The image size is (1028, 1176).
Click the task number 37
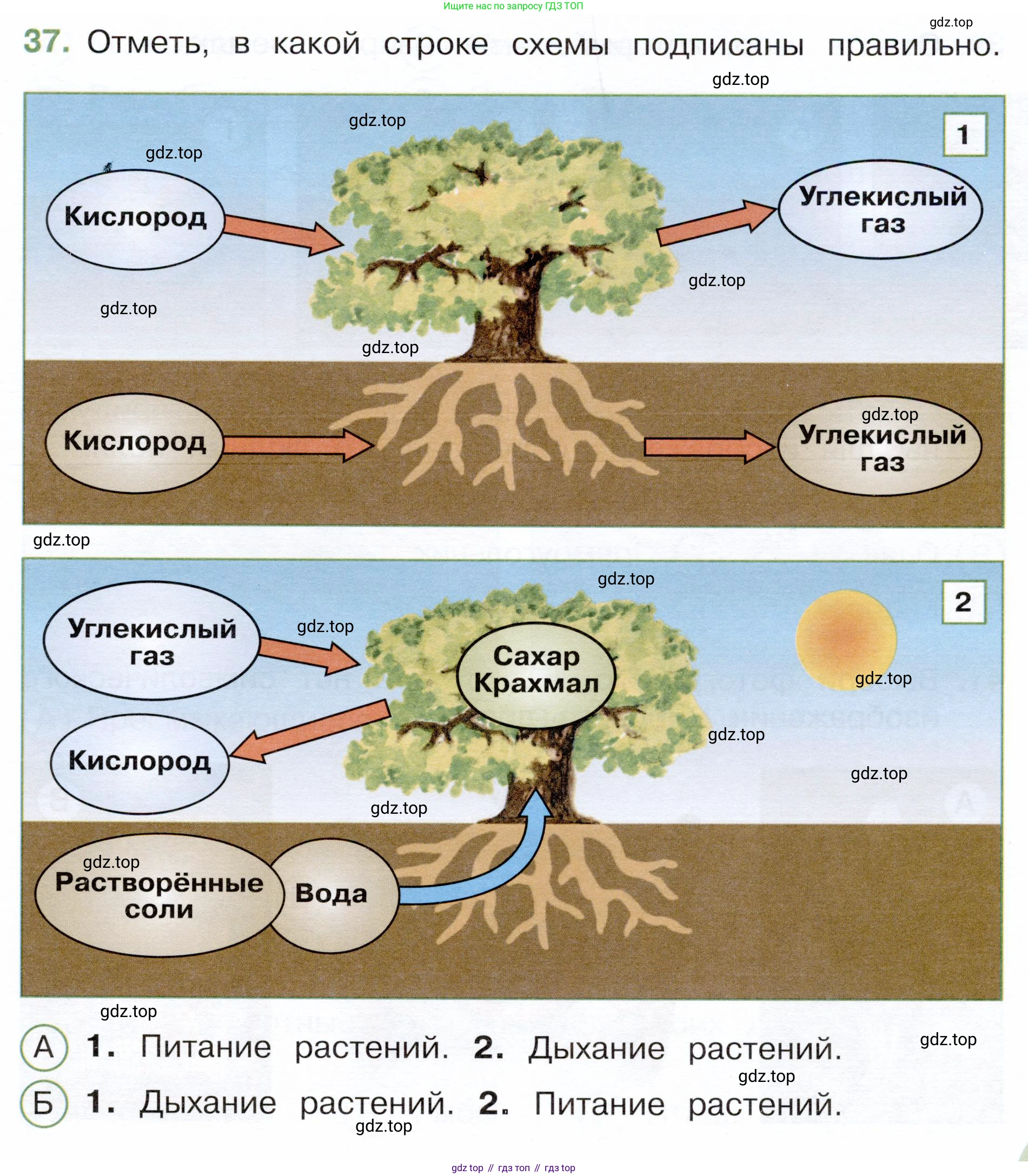[x=46, y=42]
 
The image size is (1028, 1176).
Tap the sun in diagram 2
[x=846, y=640]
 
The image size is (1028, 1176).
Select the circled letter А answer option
[x=44, y=1047]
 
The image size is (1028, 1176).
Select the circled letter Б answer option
[x=44, y=1103]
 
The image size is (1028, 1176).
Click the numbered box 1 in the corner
[x=964, y=135]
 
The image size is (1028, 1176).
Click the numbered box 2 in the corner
[x=964, y=602]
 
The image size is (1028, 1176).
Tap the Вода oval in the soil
[x=332, y=894]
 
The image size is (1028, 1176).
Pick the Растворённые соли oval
[x=159, y=895]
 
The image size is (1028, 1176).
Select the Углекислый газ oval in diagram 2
[x=151, y=642]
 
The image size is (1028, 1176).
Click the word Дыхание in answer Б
[x=207, y=1103]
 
